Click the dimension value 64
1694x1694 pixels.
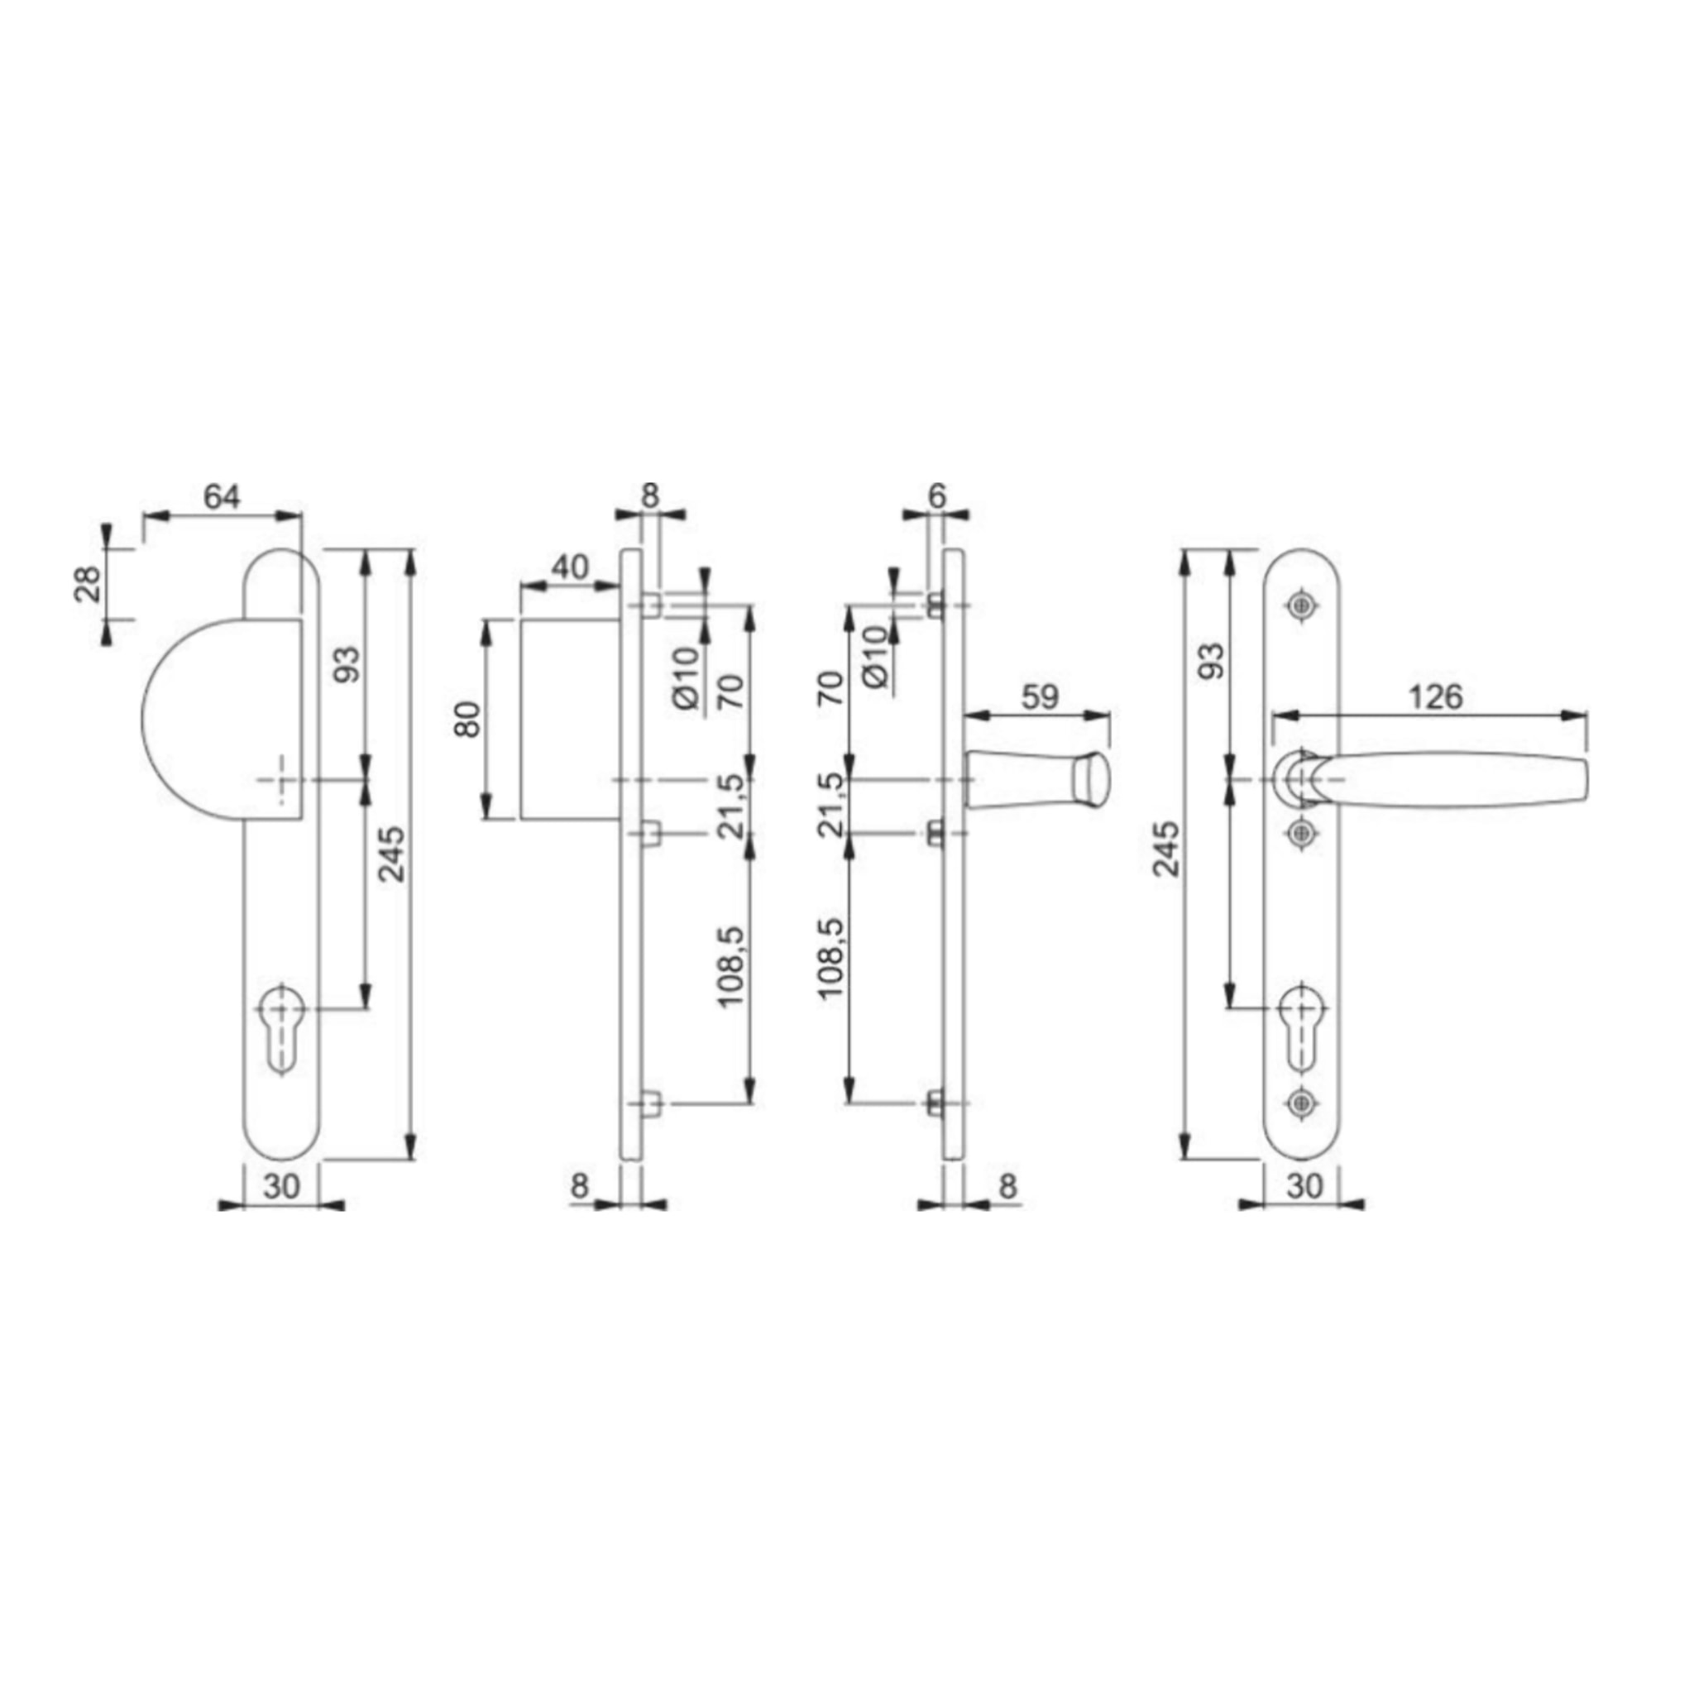[x=221, y=497]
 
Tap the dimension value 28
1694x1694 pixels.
[x=89, y=583]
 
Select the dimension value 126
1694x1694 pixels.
[x=1435, y=697]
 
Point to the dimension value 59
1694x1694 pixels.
[x=1040, y=697]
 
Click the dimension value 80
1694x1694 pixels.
[x=471, y=719]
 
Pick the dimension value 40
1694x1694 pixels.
[x=570, y=567]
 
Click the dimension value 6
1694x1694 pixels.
[x=936, y=496]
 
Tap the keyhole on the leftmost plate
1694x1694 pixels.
[x=281, y=1031]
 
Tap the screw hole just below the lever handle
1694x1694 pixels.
[x=1299, y=831]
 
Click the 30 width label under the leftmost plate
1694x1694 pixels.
[x=281, y=1186]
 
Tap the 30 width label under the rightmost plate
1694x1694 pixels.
[x=1304, y=1186]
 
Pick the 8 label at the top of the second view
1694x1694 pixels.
[x=648, y=496]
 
